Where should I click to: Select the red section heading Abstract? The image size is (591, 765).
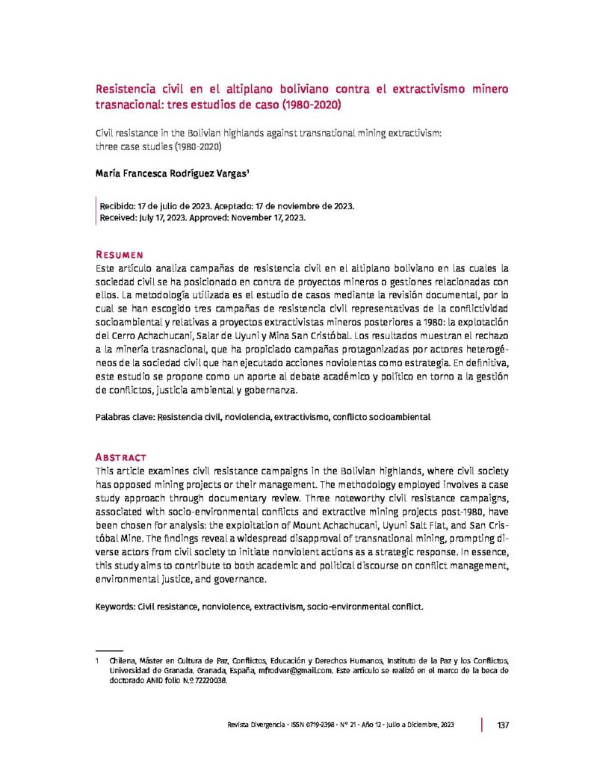(121, 456)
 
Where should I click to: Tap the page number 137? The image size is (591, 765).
(502, 725)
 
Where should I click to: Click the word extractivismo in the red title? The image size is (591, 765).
(424, 89)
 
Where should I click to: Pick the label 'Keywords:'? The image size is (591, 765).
(115, 608)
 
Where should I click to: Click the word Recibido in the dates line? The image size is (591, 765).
(118, 205)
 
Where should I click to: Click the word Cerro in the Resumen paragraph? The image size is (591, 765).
(134, 335)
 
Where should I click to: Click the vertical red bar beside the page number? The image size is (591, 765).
(483, 725)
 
